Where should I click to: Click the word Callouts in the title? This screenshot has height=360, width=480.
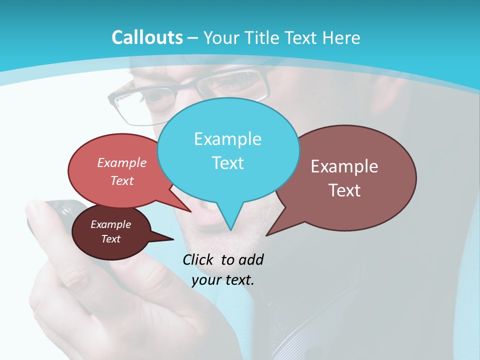point(147,38)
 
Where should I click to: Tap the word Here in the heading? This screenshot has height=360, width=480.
point(339,38)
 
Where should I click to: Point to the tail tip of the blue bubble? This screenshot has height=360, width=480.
point(230,229)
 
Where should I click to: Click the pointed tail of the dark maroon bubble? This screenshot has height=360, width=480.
point(173,239)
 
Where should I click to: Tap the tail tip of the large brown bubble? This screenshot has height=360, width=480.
point(267,234)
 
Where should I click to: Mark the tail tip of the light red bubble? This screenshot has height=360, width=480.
point(190,211)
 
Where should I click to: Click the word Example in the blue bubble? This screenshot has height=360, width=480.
point(227,139)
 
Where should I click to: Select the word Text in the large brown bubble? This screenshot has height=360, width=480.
point(344,190)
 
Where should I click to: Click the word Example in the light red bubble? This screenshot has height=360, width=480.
point(122,163)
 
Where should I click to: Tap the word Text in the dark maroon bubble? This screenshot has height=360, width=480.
point(110,239)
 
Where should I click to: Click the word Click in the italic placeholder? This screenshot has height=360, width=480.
point(198,260)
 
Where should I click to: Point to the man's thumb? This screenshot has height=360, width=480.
point(40,215)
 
